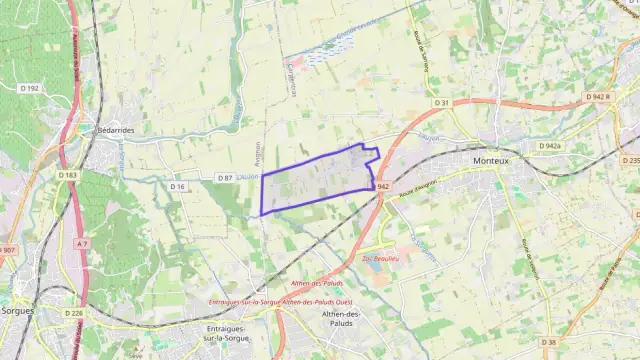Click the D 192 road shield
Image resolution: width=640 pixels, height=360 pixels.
coord(30,88)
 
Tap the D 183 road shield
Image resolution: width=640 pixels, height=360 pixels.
coord(68,175)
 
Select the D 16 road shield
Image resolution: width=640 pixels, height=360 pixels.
coord(178,186)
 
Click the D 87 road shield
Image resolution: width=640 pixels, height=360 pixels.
coord(225,178)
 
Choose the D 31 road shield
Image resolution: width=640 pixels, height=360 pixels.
coord(442,102)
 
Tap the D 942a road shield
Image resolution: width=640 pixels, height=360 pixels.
coord(550,146)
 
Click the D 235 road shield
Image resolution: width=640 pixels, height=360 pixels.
coord(630,160)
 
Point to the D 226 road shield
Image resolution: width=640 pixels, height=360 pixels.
coord(74,313)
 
